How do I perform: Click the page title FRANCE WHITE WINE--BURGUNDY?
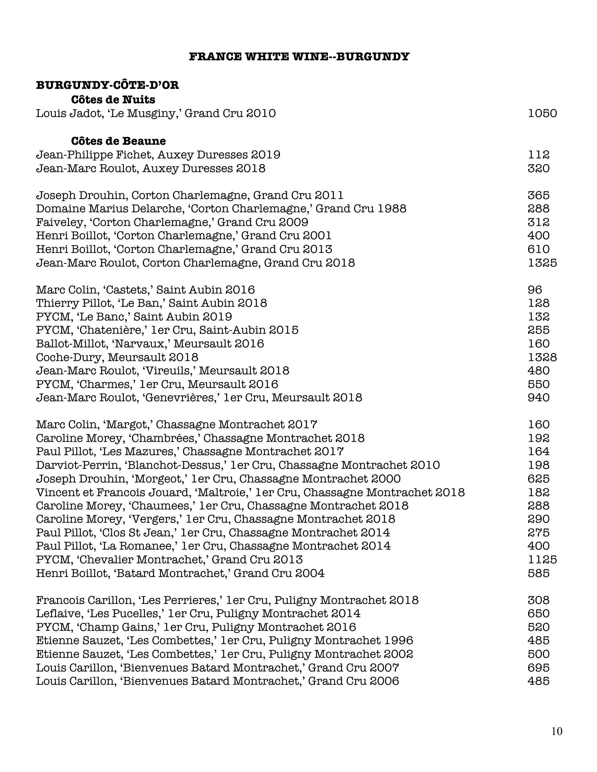[299, 57]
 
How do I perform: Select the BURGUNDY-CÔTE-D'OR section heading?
[107, 85]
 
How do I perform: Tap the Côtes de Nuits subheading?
[113, 99]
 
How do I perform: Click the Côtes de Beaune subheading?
[118, 141]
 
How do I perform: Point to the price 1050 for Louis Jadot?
[542, 113]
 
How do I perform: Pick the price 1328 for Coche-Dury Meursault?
[542, 357]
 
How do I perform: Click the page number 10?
[557, 731]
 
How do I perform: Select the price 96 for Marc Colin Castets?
[535, 290]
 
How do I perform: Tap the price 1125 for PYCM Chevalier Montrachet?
[542, 559]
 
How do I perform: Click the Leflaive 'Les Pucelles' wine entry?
[198, 614]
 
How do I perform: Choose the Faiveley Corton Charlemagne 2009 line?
[172, 222]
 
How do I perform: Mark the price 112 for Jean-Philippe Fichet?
[539, 155]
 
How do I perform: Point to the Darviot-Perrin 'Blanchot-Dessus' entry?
[238, 465]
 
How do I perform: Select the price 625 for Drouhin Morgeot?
[539, 479]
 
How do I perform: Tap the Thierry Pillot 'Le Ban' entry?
[151, 303]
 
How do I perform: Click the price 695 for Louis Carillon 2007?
[539, 668]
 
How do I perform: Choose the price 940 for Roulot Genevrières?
[539, 398]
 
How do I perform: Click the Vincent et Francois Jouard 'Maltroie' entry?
[250, 493]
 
